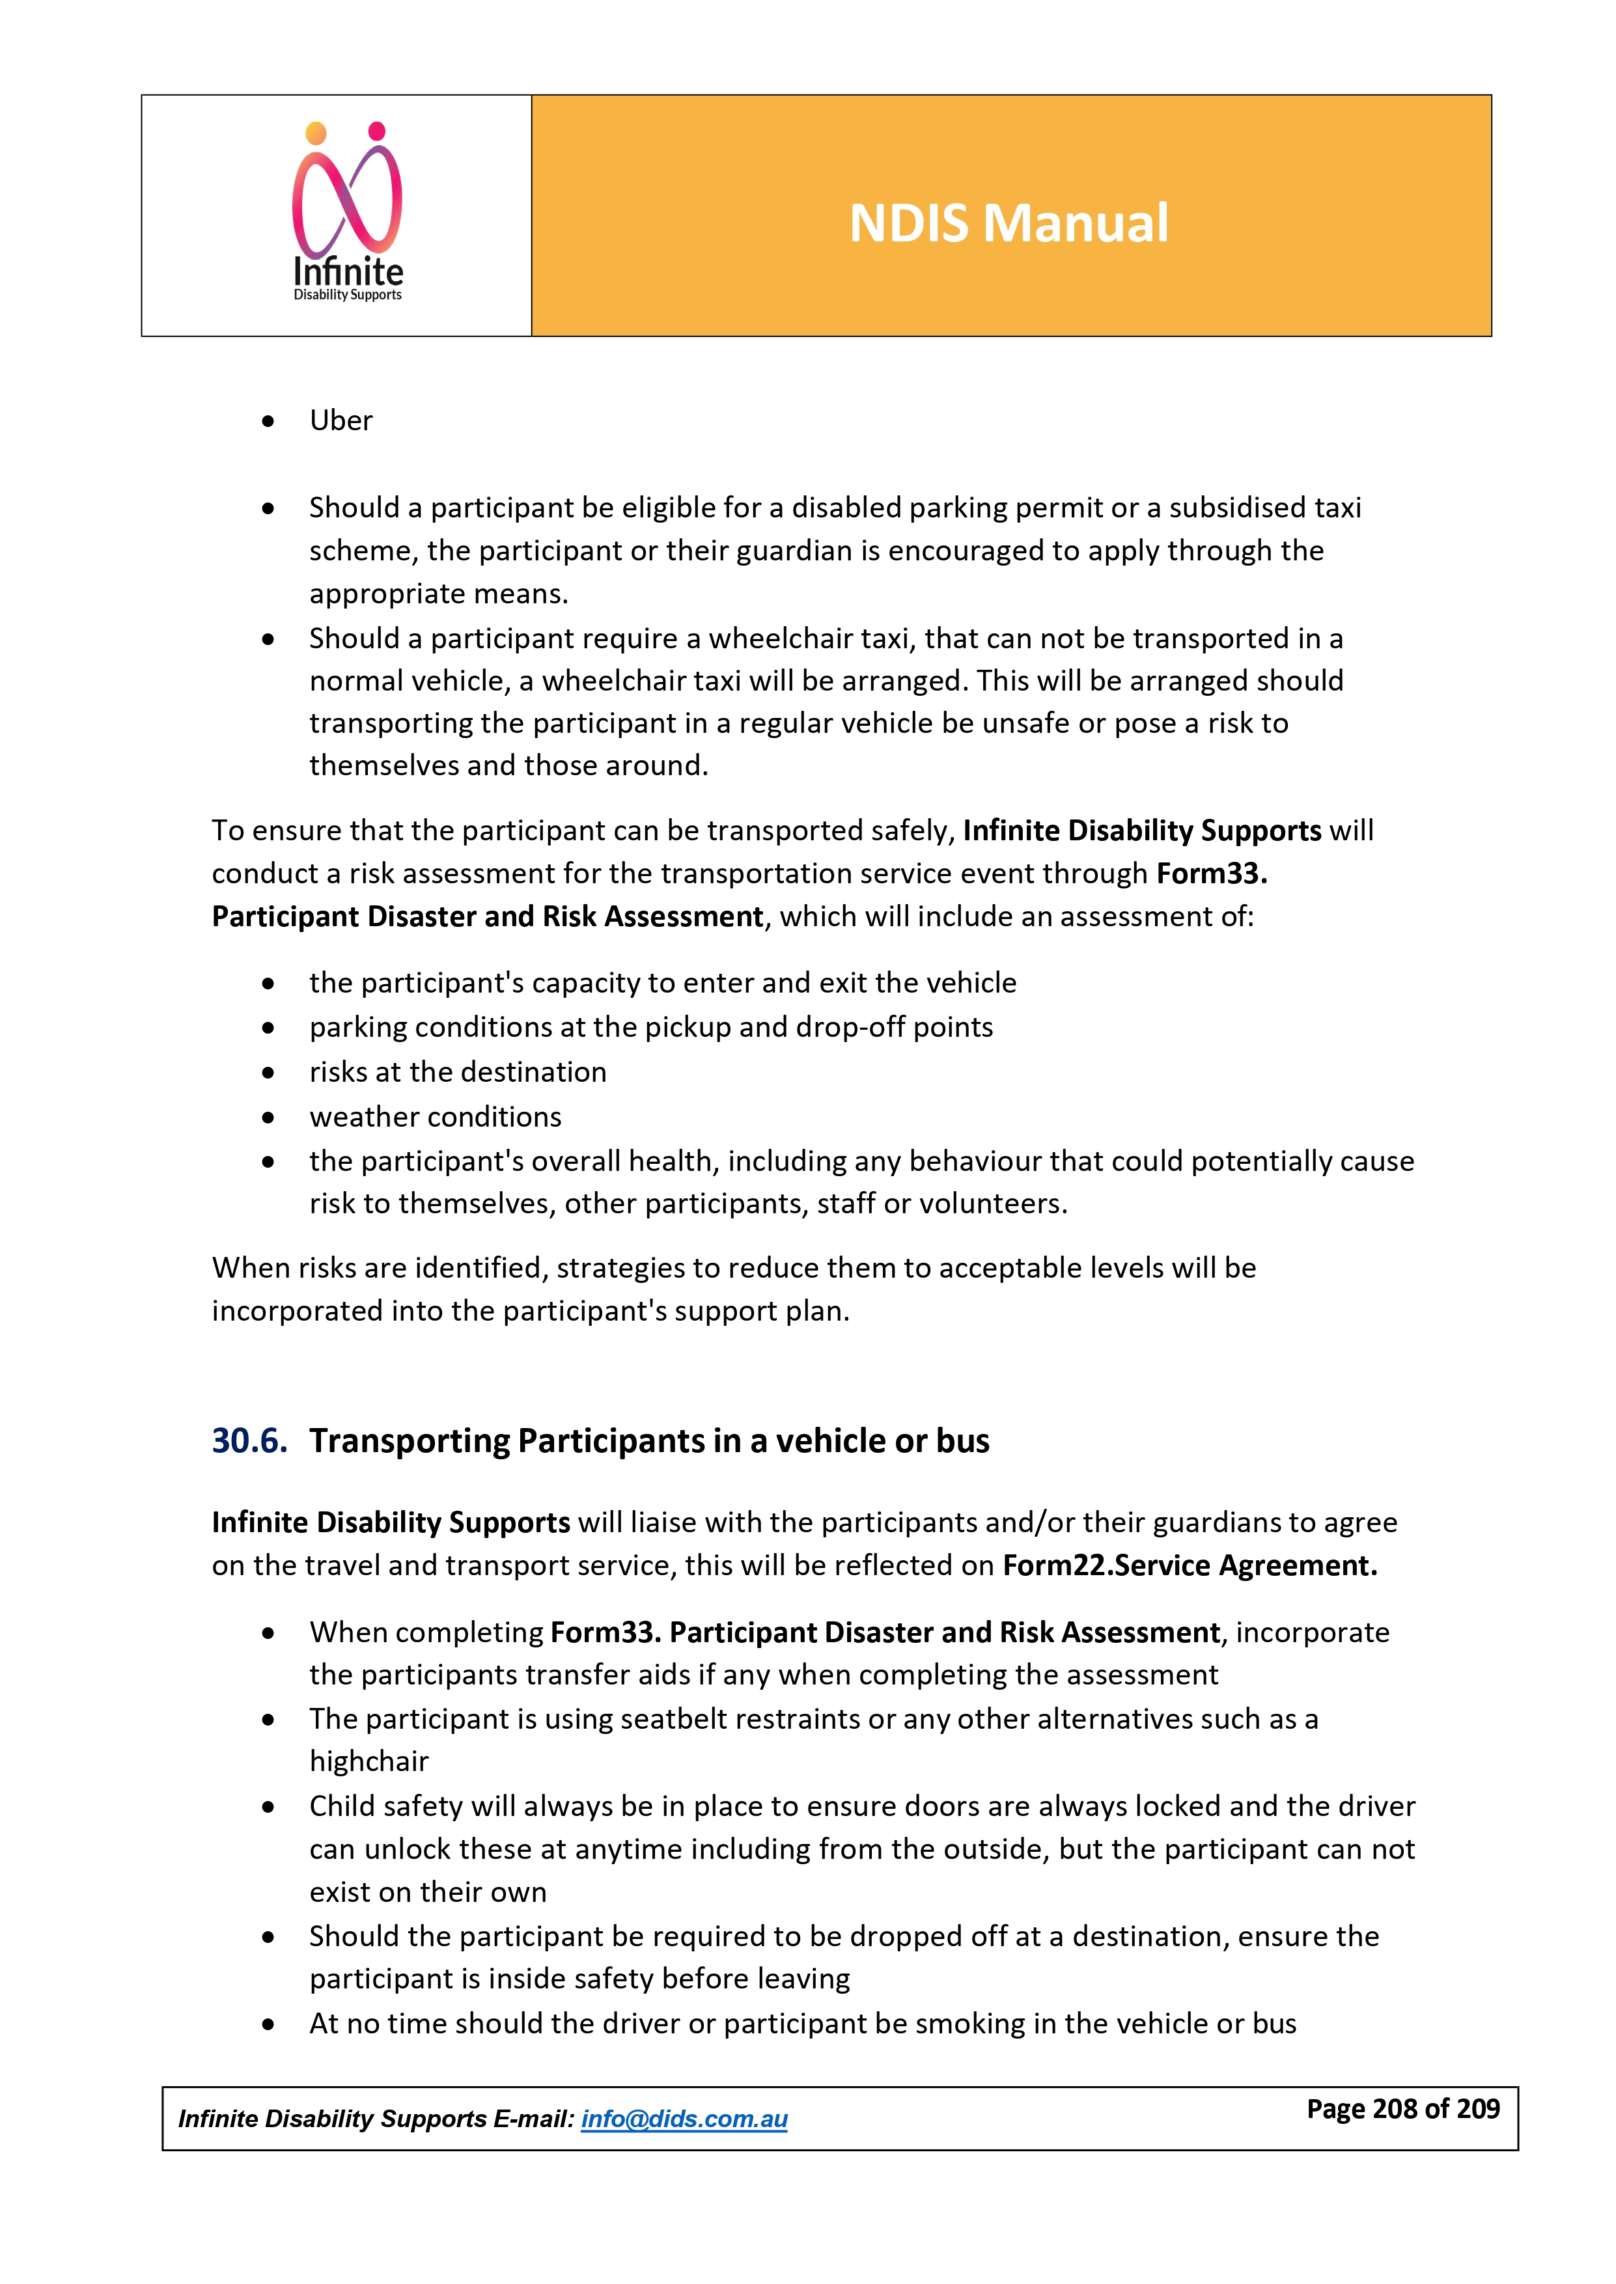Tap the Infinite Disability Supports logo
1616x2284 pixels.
coord(347,212)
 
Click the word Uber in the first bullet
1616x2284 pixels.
coord(341,420)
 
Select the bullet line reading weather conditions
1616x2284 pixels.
coord(435,1117)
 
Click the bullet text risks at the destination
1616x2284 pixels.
coord(458,1073)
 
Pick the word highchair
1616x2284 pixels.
coord(369,1762)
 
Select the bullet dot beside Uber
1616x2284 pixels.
coord(268,422)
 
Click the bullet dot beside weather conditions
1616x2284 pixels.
coord(268,1118)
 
